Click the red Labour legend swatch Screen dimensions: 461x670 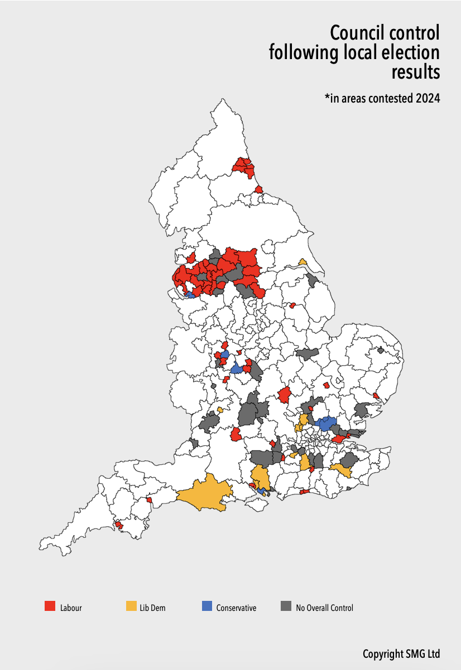tap(50, 606)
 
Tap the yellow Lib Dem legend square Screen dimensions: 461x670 tap(131, 606)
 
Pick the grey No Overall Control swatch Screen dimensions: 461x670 tap(286, 606)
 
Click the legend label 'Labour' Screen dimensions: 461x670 tap(71, 608)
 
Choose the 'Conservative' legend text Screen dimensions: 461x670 tap(236, 608)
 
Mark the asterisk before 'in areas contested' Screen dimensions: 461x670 tap(327, 98)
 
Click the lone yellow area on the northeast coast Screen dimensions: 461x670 tap(302, 261)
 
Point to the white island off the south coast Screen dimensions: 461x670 tap(256, 504)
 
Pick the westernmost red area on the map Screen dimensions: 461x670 tap(118, 525)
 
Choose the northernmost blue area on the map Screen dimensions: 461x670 tap(190, 294)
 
